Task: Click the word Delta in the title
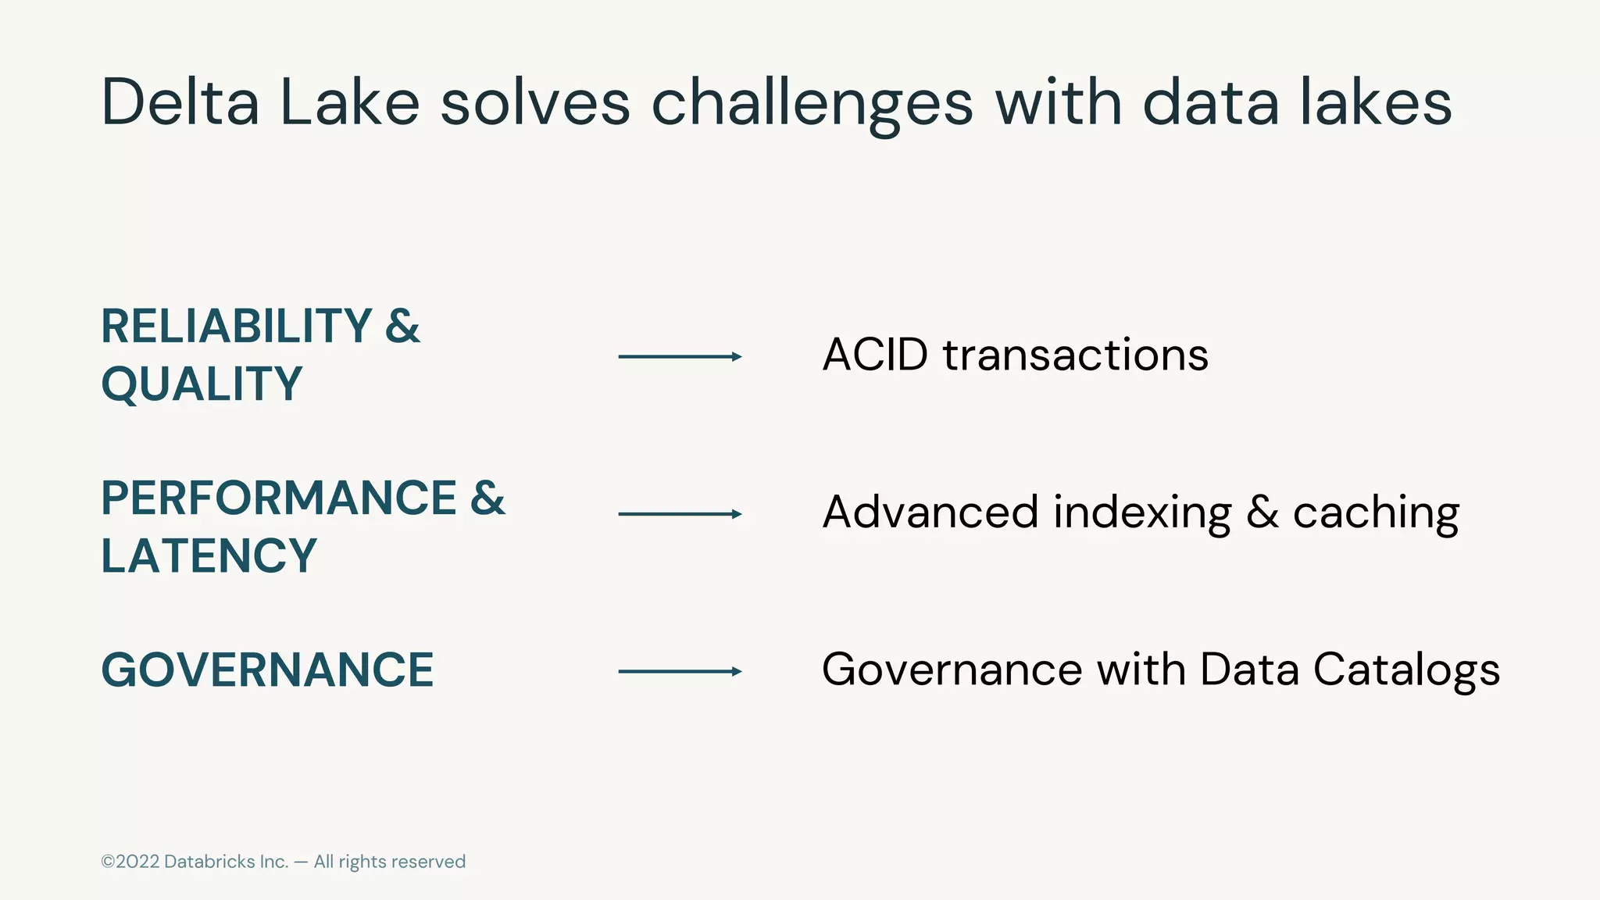(180, 102)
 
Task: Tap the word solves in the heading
(535, 102)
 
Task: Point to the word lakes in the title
(1376, 102)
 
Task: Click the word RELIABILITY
(237, 326)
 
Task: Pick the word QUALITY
(202, 384)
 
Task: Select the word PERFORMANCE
(279, 498)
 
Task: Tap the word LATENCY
(209, 555)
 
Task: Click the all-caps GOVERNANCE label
(267, 670)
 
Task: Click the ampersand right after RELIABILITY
(402, 326)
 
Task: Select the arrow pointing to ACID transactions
(680, 357)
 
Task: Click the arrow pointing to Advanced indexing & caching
(680, 514)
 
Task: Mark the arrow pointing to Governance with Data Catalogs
(680, 671)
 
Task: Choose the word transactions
(1076, 355)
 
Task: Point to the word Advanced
(930, 512)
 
